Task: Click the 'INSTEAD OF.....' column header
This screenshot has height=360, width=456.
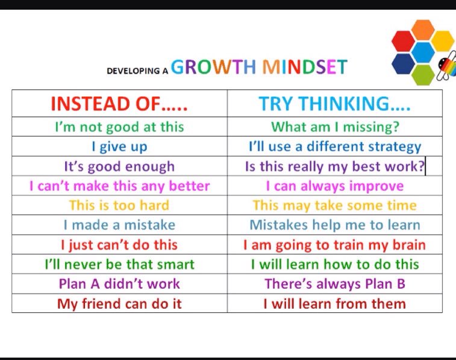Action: click(119, 104)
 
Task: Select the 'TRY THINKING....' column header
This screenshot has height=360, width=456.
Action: click(335, 104)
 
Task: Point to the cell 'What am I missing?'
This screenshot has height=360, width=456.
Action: click(335, 127)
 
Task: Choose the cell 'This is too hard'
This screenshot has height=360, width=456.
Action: click(119, 206)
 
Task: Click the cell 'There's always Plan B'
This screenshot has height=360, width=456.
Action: click(335, 284)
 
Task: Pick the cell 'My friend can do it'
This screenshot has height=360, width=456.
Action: click(119, 304)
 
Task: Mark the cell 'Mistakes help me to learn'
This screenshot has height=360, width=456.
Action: click(335, 225)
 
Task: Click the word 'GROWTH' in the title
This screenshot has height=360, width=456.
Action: click(213, 67)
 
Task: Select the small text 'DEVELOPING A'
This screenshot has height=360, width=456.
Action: click(137, 71)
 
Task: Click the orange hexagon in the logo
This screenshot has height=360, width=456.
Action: click(422, 30)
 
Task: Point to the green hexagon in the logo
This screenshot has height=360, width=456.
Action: click(423, 75)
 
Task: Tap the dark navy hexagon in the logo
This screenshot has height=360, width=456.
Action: click(403, 63)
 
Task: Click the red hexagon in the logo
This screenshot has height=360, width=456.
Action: click(403, 41)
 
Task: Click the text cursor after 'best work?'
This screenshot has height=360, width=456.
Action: click(425, 166)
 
